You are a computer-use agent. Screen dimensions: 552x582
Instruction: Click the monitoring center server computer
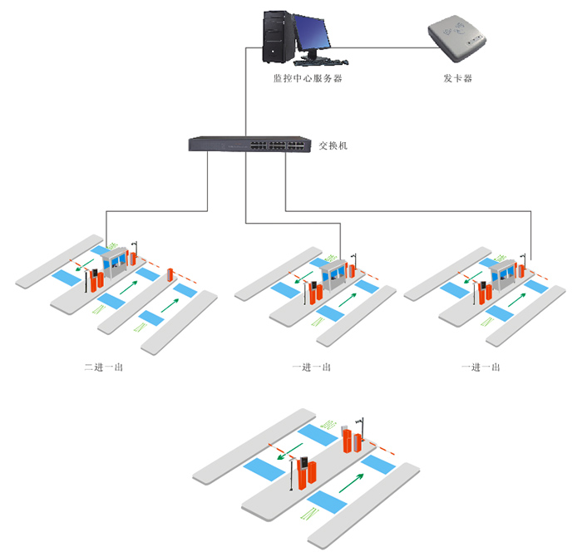(x=298, y=37)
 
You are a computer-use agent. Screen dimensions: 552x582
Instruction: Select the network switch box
(x=248, y=145)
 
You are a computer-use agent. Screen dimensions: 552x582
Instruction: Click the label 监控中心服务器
(x=308, y=78)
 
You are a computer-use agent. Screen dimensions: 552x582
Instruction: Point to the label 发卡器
(x=458, y=78)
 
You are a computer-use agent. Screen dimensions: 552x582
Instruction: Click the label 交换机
(x=333, y=145)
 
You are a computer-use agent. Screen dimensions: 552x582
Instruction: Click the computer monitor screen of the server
(x=313, y=32)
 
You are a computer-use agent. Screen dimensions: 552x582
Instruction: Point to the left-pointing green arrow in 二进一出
(x=81, y=269)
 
